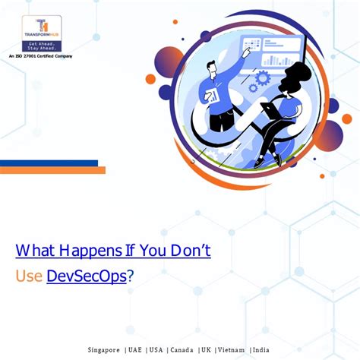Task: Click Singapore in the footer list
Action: coord(104,349)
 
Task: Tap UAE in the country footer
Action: coord(135,349)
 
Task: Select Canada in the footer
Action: coord(182,349)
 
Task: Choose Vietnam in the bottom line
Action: coord(231,349)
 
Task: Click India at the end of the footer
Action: coord(261,349)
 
